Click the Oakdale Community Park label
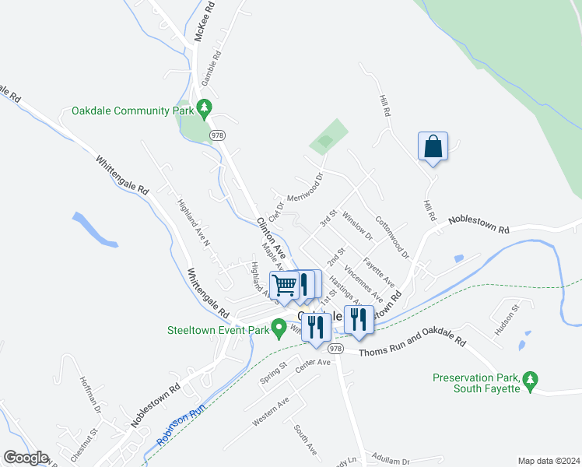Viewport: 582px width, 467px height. [x=132, y=111]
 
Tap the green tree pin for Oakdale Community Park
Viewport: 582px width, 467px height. [x=205, y=109]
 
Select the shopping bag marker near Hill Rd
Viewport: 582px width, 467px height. [x=433, y=147]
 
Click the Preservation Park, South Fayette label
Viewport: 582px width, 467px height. [x=475, y=384]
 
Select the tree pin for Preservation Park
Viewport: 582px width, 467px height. [x=531, y=380]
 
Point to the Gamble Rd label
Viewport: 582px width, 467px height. [x=211, y=68]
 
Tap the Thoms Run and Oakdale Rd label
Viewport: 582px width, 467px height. [x=412, y=347]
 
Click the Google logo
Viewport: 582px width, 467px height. [x=26, y=457]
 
